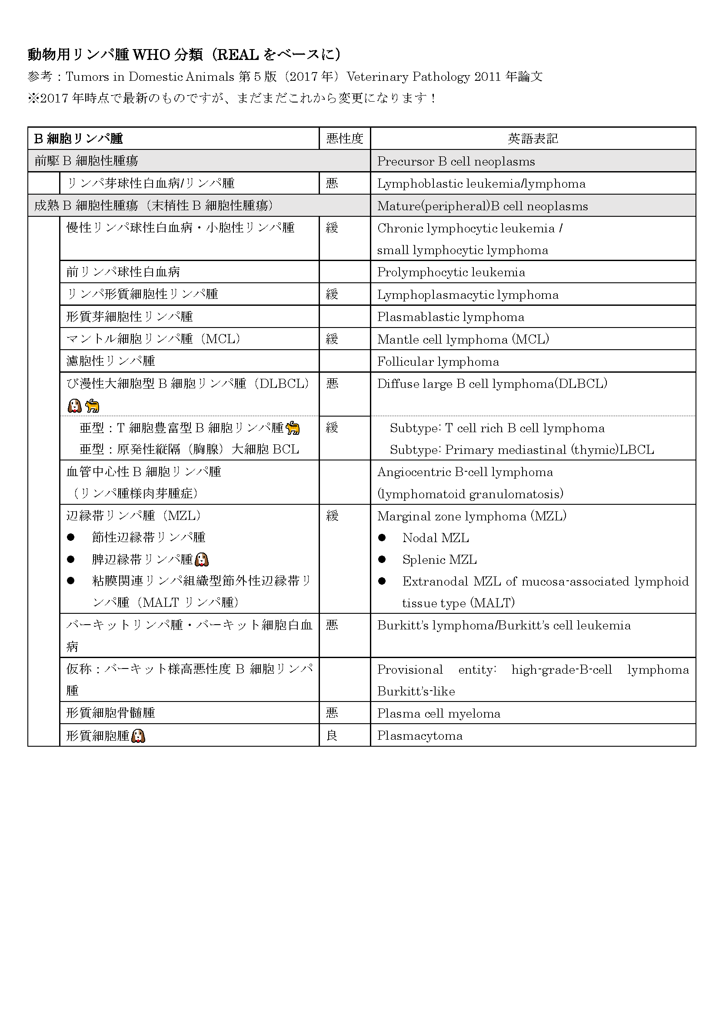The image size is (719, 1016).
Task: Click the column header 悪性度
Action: [344, 139]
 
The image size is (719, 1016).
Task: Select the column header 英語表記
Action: [533, 139]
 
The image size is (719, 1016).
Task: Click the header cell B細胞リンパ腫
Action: [78, 139]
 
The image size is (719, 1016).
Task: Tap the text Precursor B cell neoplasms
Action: [456, 161]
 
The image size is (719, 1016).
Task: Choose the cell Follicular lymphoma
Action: [438, 361]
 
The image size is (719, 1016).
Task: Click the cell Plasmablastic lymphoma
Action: [450, 317]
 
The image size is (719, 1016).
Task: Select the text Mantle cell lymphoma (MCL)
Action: [463, 339]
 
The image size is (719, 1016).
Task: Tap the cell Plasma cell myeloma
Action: [438, 713]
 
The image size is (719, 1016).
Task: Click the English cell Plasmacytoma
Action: [420, 735]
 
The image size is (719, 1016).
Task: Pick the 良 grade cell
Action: [332, 735]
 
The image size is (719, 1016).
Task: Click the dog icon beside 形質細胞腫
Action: [138, 736]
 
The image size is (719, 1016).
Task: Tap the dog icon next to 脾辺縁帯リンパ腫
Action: [201, 559]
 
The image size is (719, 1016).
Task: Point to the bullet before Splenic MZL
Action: [382, 559]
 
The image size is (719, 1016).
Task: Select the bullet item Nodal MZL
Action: [435, 538]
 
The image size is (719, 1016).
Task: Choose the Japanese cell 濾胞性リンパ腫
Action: [111, 361]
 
